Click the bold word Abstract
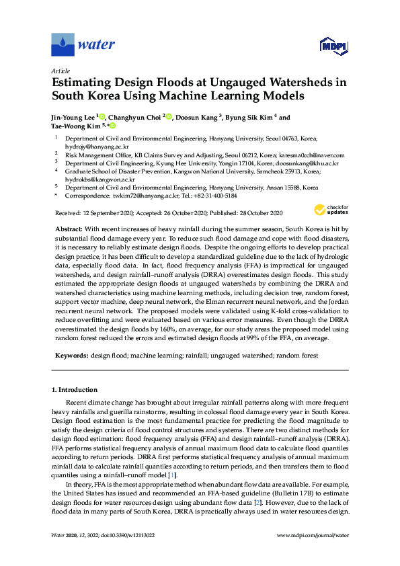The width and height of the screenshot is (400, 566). [69, 229]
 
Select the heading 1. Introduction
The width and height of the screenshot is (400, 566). [75, 390]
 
